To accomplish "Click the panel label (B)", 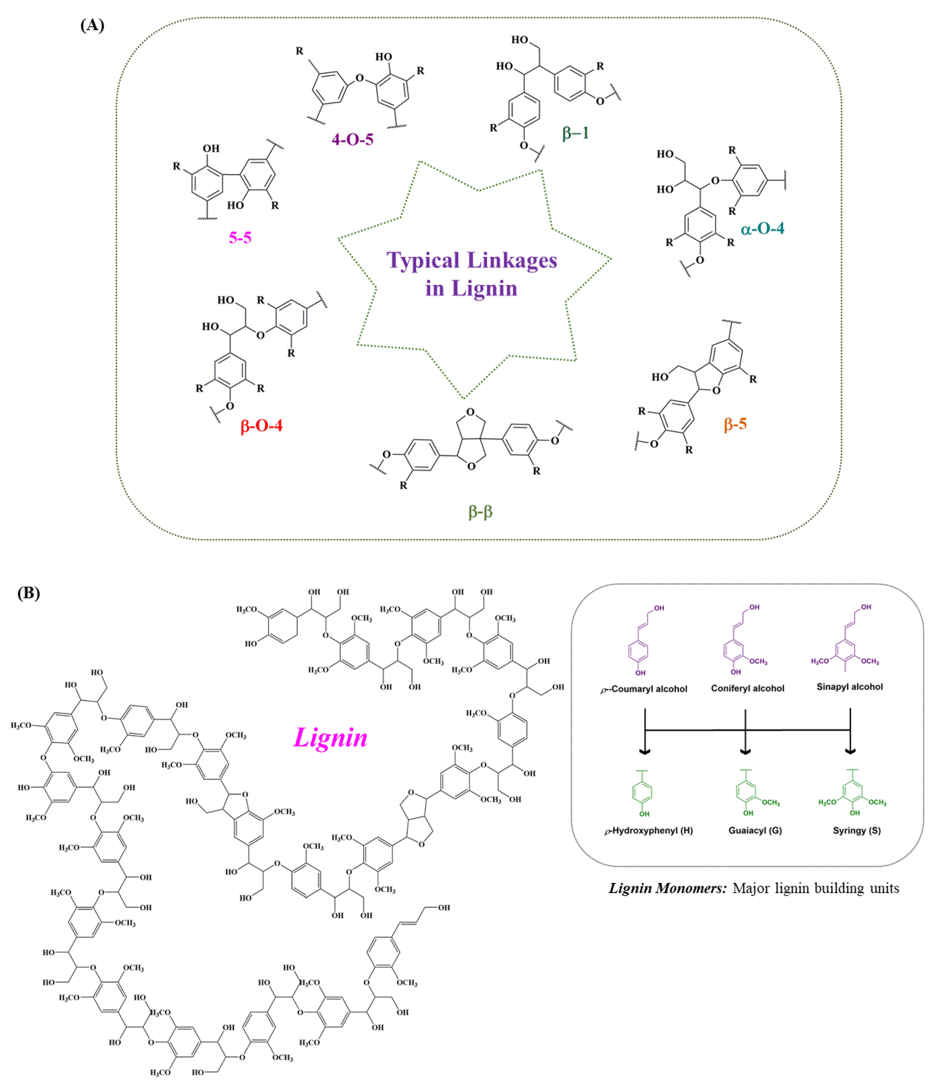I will [29, 593].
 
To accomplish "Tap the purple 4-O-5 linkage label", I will [352, 139].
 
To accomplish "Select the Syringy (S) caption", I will [857, 831].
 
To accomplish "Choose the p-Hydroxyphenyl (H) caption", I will [648, 831].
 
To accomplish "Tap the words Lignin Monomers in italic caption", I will [667, 888].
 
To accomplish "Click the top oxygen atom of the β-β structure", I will [470, 412].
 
